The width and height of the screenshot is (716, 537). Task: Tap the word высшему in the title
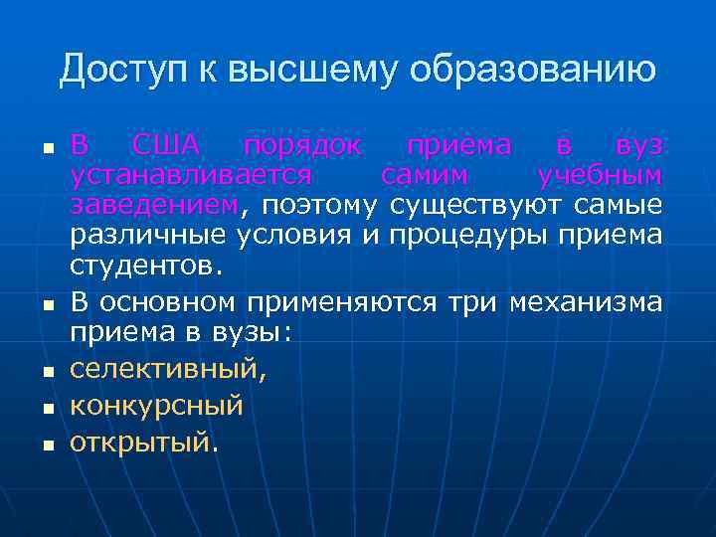pyautogui.click(x=312, y=71)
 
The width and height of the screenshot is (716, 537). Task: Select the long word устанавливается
pyautogui.click(x=190, y=176)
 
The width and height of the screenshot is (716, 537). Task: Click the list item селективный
pyautogui.click(x=168, y=370)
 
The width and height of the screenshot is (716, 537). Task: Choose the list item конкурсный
pyautogui.click(x=156, y=406)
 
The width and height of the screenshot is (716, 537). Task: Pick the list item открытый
pyautogui.click(x=141, y=442)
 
